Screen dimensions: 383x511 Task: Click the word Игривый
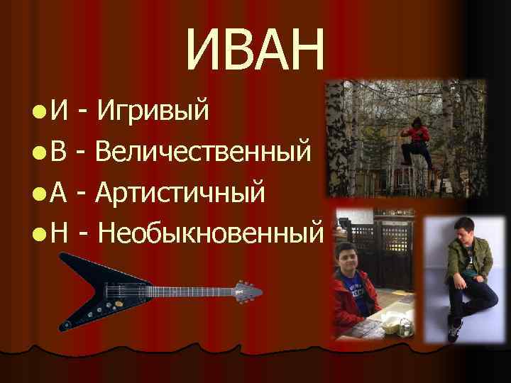[x=153, y=111]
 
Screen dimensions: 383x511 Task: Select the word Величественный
[x=203, y=151]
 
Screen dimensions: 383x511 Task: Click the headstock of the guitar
[x=249, y=291]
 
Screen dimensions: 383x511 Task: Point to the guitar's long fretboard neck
[x=185, y=292]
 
